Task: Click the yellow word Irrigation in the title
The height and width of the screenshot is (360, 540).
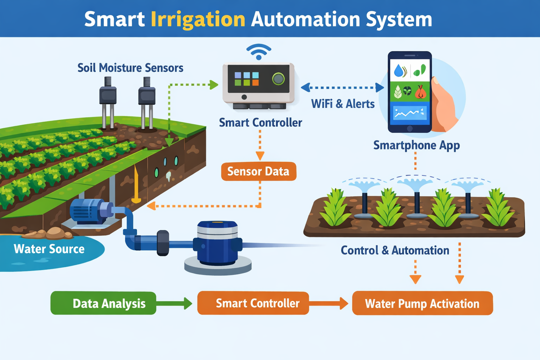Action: point(198,19)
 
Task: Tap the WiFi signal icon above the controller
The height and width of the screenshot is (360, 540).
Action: point(259,52)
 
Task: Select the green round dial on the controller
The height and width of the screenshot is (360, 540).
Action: point(278,79)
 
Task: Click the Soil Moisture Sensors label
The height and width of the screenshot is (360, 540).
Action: point(130,67)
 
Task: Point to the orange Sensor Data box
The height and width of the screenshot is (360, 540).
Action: point(258,171)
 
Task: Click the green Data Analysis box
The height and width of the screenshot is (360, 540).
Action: point(103,303)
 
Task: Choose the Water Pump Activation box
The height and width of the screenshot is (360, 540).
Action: point(422,303)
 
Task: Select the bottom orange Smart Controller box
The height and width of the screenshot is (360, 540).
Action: point(253,303)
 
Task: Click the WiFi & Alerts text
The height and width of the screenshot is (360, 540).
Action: point(343,104)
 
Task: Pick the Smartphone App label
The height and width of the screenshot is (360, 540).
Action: point(416,145)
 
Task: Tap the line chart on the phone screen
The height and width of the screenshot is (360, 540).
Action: point(410,113)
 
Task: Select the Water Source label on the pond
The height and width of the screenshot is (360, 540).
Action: point(49,249)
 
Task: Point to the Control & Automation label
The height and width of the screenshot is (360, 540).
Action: point(395,250)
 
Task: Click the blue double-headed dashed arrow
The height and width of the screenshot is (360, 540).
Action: point(342,87)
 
